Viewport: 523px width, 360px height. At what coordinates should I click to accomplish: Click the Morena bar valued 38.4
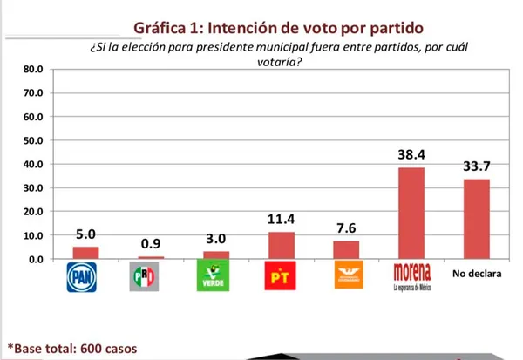[411, 213]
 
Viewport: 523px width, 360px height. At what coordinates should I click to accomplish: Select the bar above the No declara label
[476, 219]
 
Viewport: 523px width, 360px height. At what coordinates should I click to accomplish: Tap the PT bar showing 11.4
[280, 246]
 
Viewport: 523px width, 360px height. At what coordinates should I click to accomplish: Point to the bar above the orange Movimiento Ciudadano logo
[346, 250]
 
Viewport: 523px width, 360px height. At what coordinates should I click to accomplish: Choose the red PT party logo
[280, 278]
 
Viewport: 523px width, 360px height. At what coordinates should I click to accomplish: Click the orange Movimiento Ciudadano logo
[346, 278]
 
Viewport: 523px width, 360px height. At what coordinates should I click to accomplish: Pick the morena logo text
[412, 272]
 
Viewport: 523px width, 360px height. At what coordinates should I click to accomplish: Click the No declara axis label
[476, 275]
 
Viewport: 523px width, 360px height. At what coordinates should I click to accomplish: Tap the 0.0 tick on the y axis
[34, 259]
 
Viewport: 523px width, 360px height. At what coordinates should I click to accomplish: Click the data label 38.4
[411, 154]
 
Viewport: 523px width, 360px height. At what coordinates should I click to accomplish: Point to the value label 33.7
[476, 166]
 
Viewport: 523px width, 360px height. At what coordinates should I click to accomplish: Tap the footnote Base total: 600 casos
[73, 348]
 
